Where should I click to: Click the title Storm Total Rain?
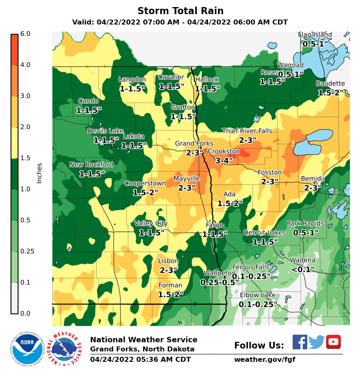tap(180, 11)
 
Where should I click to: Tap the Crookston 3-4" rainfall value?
tap(224, 160)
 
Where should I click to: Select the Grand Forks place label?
tap(194, 144)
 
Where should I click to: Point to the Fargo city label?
tap(214, 225)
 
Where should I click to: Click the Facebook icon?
tap(300, 342)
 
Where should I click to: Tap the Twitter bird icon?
tap(316, 342)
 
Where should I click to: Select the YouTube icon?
tap(333, 342)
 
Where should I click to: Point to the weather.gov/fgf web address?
tap(264, 360)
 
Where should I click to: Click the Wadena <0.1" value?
tap(303, 270)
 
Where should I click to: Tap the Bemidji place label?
tap(313, 179)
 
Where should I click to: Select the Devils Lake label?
tap(105, 131)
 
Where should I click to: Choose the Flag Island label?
tap(315, 34)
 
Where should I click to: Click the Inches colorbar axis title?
tap(39, 173)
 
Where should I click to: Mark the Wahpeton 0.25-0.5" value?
tap(220, 282)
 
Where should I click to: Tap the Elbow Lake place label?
tap(257, 295)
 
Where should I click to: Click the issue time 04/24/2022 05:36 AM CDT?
tap(140, 360)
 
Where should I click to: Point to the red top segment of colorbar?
tap(15, 49)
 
